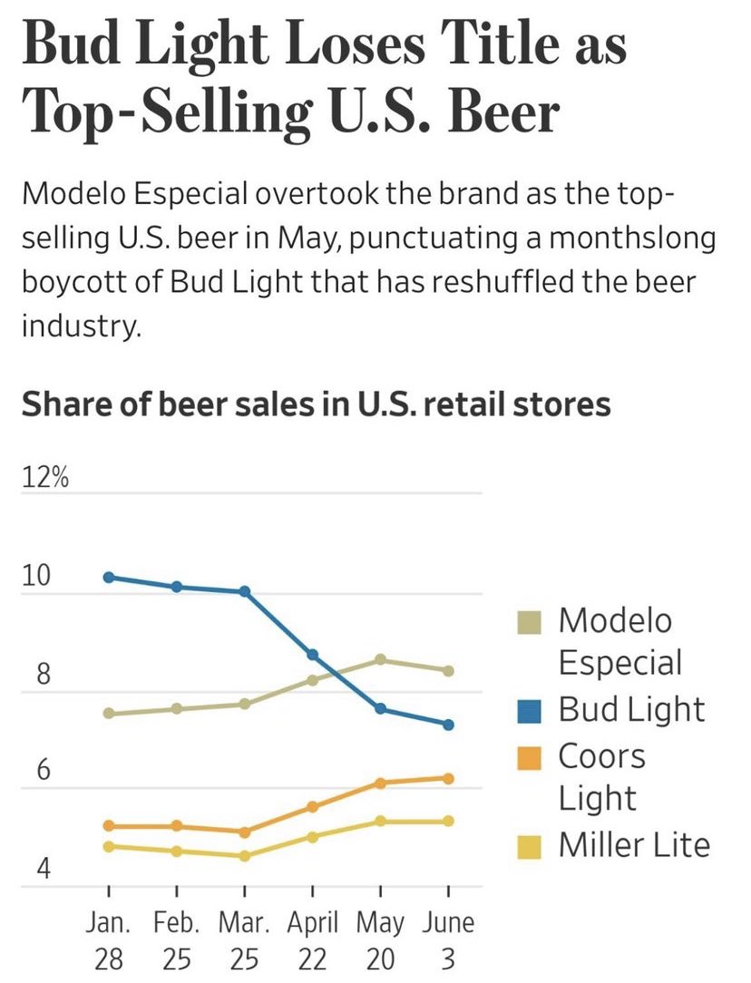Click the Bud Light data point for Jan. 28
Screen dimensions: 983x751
coord(108,577)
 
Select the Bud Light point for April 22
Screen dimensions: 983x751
coord(312,654)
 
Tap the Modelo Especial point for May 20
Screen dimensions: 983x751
coord(380,659)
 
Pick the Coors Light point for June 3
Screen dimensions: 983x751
coord(448,778)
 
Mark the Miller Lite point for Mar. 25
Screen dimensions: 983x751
coord(244,855)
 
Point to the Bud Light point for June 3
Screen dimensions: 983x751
coord(448,724)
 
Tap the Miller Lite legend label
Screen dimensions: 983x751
coord(633,845)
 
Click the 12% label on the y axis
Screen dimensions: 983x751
coord(45,480)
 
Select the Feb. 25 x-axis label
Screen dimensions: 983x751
coord(176,941)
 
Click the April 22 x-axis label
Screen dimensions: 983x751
coord(312,941)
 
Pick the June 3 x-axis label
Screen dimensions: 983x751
coord(448,941)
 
